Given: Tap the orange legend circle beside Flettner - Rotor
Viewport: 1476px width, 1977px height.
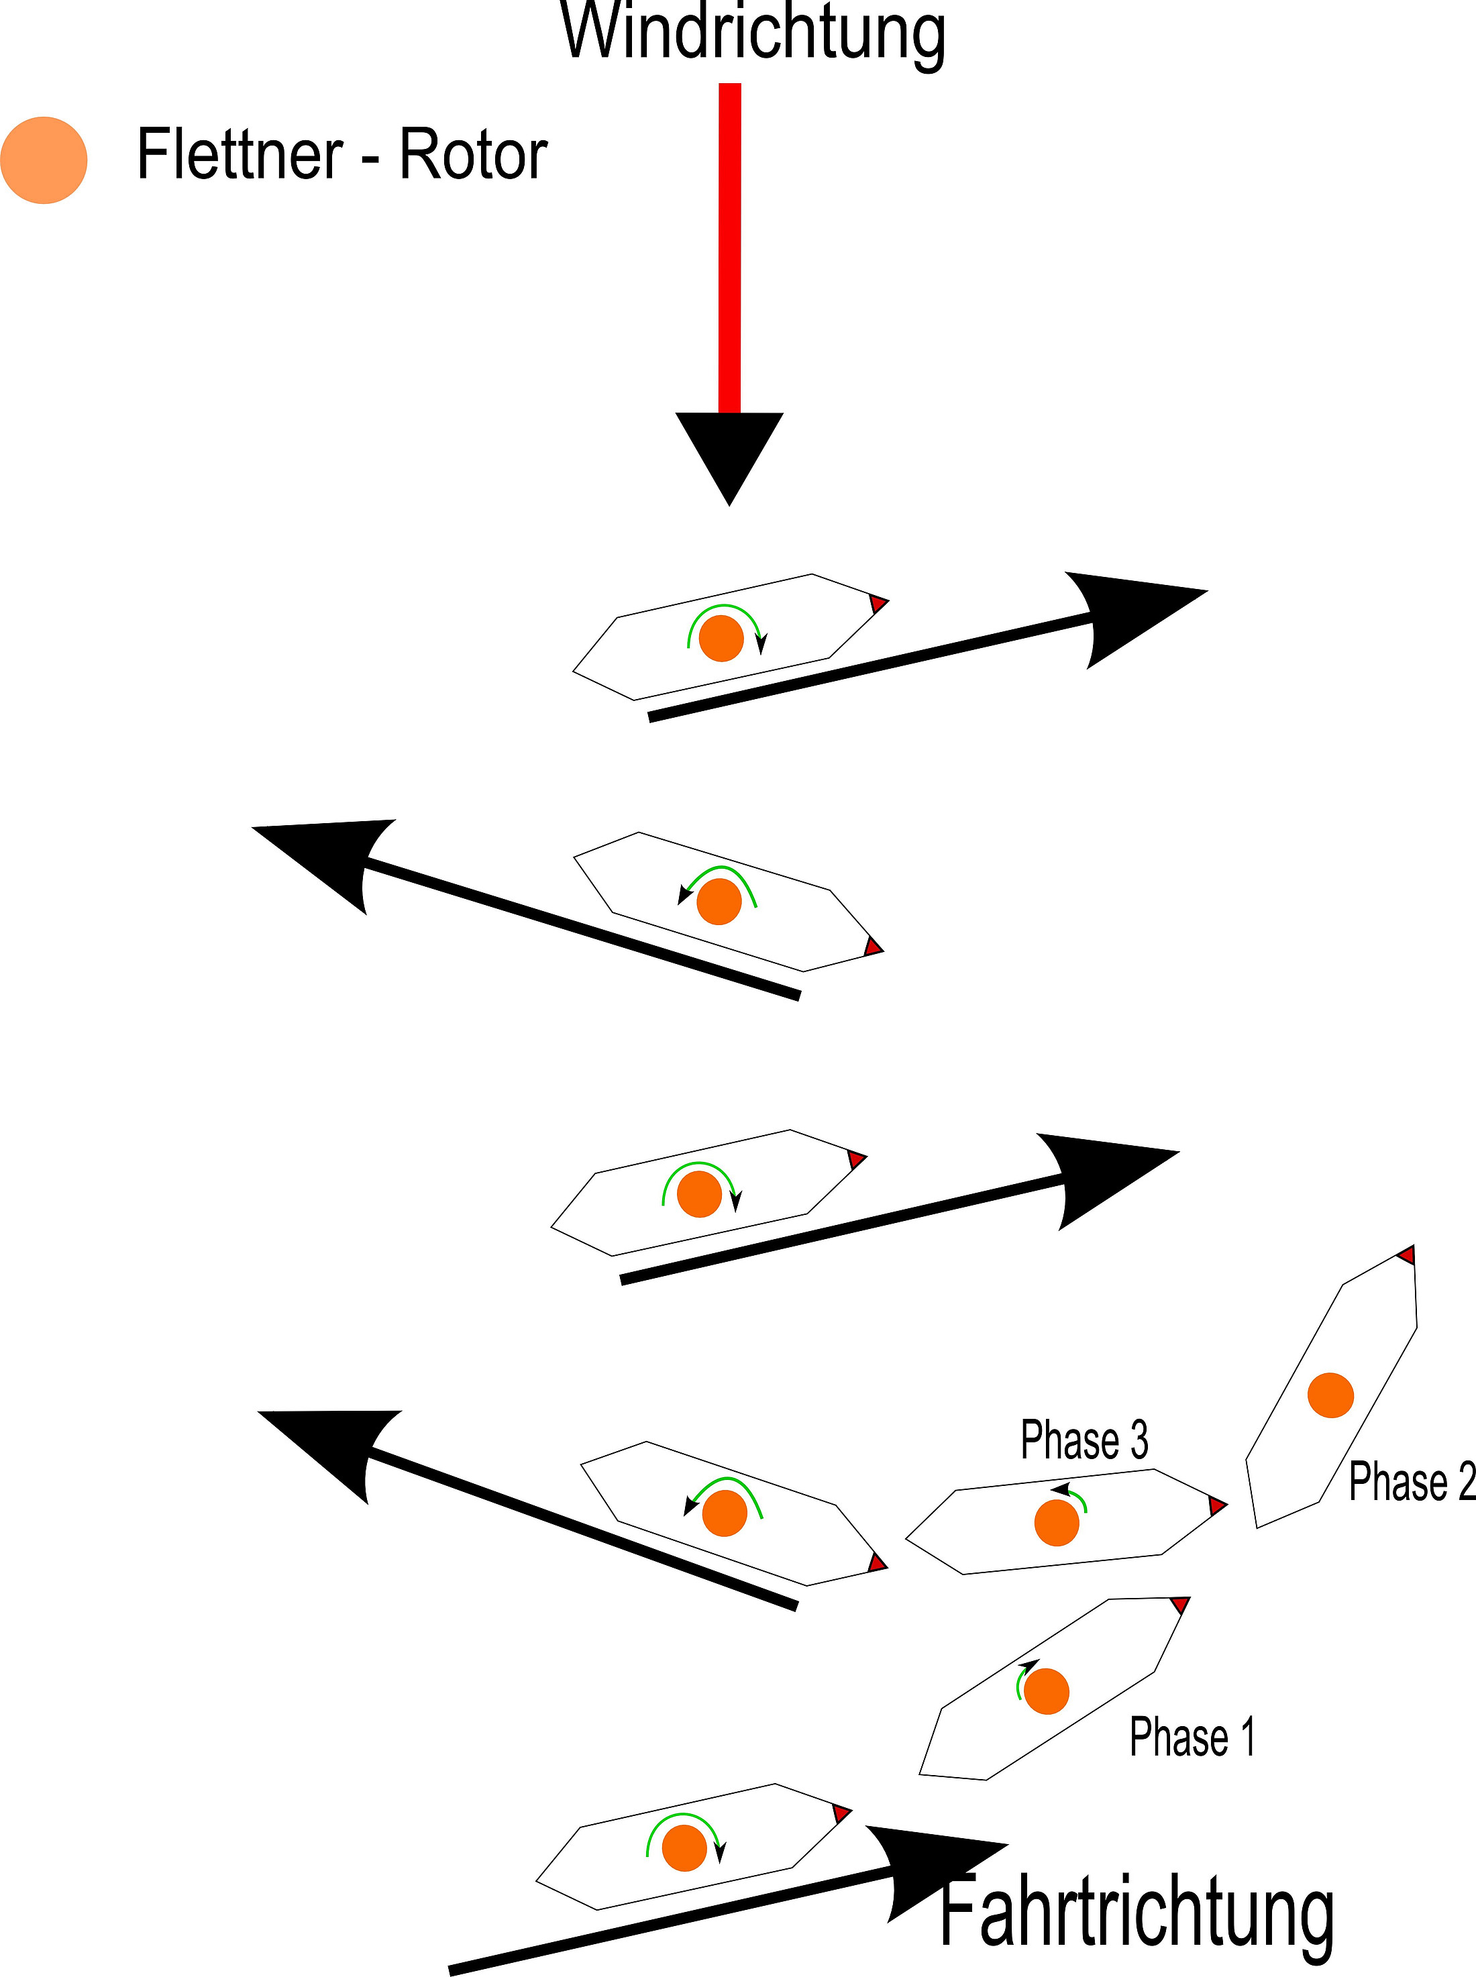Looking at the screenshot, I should [44, 160].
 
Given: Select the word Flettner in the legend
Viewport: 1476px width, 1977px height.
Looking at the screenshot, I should [240, 154].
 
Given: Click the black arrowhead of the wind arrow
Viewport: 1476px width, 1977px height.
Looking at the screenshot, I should [729, 451].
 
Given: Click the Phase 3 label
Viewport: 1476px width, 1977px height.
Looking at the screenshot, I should [1084, 1440].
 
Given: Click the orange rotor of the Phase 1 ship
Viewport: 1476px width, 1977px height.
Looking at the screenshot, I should [1046, 1691].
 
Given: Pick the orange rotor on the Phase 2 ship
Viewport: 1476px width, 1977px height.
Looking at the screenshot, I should [1330, 1395].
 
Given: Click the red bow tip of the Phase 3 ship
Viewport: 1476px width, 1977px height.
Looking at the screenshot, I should [1217, 1506].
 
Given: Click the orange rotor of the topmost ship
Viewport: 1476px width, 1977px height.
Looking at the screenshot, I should [721, 639].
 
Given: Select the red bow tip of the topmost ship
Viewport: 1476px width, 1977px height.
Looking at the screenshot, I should [878, 604].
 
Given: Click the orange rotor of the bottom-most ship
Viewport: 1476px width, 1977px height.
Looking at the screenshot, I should [684, 1848].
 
